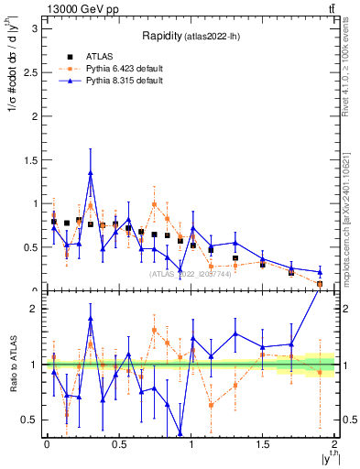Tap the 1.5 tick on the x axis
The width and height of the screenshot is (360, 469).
[263, 444]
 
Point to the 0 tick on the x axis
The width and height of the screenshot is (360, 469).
[47, 444]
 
